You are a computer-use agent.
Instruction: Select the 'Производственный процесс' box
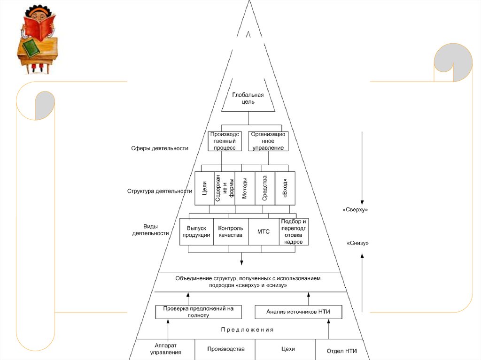(225, 141)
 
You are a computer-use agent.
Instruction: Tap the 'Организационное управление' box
(268, 141)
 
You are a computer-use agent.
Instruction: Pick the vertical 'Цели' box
(204, 188)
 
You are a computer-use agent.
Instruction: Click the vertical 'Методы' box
(245, 188)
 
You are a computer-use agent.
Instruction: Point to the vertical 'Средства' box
(265, 188)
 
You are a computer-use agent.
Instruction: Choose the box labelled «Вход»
(285, 188)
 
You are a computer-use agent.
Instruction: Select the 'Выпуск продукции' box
(196, 231)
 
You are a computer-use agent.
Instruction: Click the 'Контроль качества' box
(231, 231)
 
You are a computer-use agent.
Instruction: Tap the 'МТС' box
(264, 231)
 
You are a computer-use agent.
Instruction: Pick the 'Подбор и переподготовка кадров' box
(294, 231)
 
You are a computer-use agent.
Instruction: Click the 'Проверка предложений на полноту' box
(198, 312)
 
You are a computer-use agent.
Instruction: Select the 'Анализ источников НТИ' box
(298, 312)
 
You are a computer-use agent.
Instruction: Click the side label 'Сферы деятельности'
(160, 148)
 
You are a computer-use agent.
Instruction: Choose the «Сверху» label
(355, 210)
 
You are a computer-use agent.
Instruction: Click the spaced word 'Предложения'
(247, 330)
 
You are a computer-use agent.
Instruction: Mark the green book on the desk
(32, 48)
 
